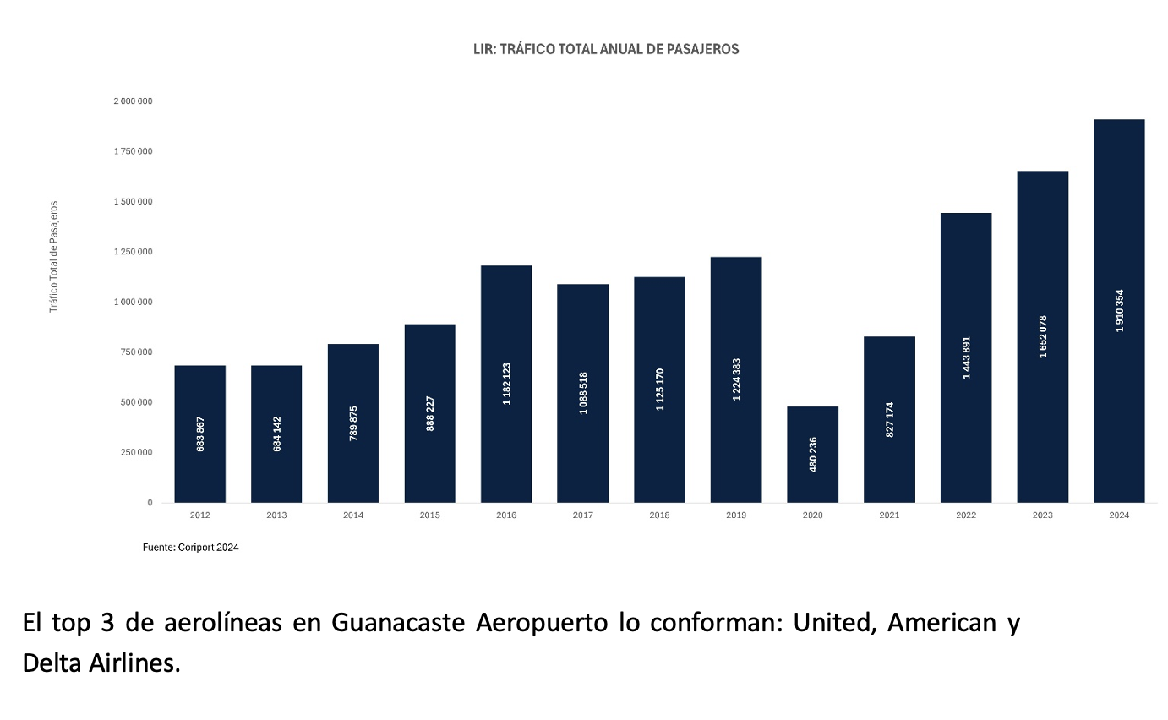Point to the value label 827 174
click(889, 419)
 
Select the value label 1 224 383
click(736, 379)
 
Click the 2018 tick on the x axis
click(659, 515)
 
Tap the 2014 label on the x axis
click(353, 515)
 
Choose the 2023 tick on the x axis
click(1042, 515)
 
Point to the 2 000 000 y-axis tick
click(133, 101)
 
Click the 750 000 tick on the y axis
click(136, 352)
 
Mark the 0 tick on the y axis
click(150, 503)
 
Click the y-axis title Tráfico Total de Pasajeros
click(54, 257)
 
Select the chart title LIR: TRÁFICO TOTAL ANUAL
click(606, 49)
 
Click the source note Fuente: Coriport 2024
click(190, 548)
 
